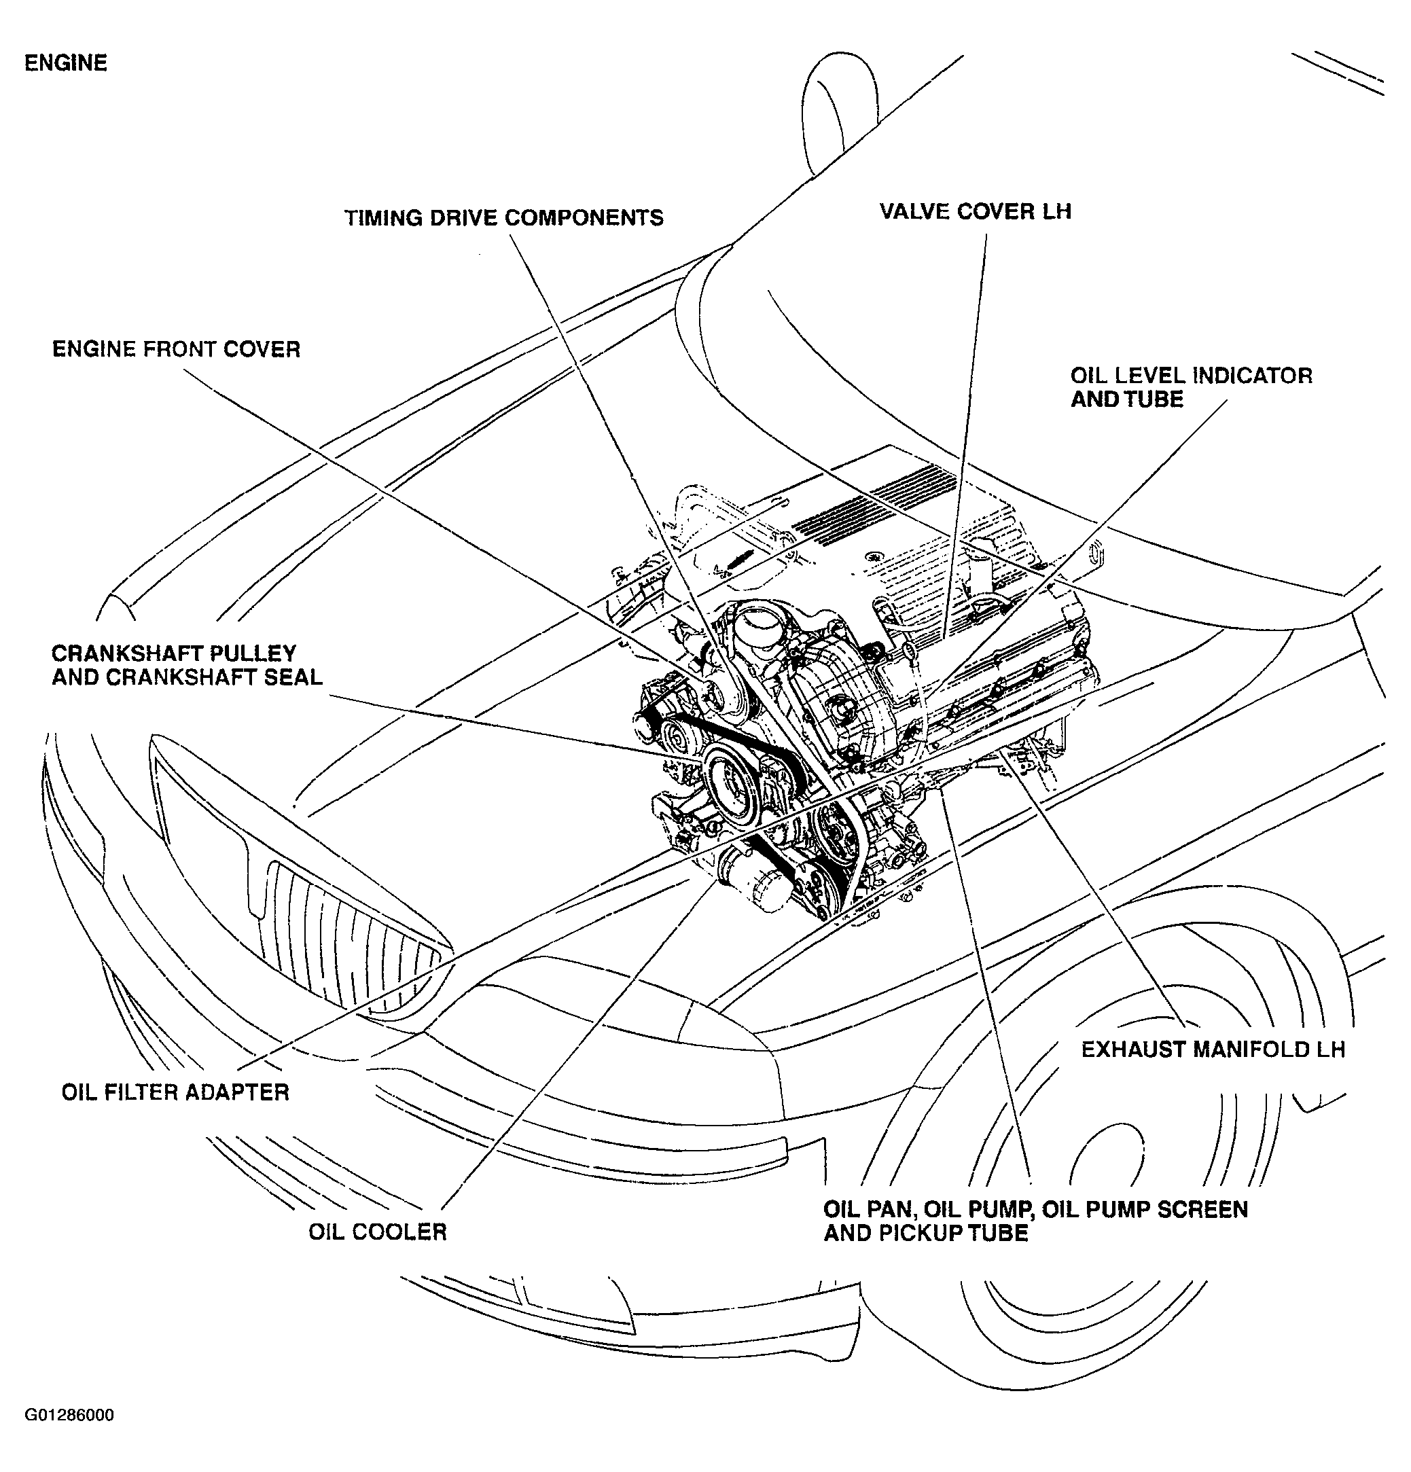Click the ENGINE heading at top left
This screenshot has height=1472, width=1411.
(65, 63)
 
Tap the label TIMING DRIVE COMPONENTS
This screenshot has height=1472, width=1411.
(503, 219)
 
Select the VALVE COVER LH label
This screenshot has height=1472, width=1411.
(975, 212)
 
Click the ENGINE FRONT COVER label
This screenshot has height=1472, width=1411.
(176, 350)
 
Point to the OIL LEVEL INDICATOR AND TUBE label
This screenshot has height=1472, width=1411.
(1190, 387)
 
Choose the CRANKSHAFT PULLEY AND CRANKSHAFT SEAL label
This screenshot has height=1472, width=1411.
(186, 666)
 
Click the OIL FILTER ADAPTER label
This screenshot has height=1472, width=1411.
(175, 1092)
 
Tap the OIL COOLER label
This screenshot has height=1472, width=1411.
(377, 1232)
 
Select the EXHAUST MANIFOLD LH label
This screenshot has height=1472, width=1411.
(1212, 1050)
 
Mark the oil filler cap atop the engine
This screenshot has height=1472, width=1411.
(757, 624)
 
